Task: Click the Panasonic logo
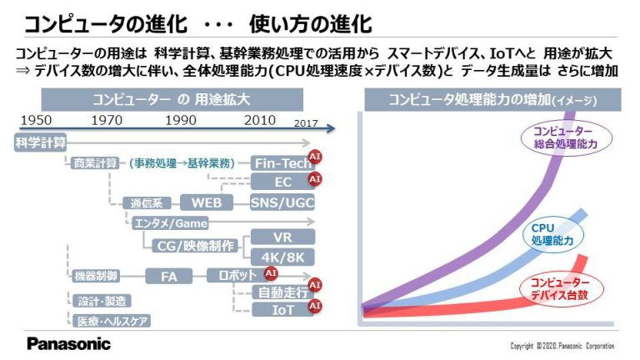click(68, 344)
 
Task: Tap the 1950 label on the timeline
click(36, 120)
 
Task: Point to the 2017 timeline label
click(306, 123)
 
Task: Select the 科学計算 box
click(40, 142)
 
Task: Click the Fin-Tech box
click(282, 163)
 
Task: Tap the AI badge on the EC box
click(315, 179)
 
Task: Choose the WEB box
click(207, 202)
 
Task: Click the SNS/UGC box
click(282, 202)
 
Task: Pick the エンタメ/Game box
click(170, 223)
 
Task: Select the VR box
click(282, 237)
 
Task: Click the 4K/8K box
click(282, 257)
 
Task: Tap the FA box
click(169, 277)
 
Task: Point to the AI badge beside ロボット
click(271, 273)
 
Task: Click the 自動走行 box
click(283, 292)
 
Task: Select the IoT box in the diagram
click(283, 310)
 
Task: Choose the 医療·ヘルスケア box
click(112, 321)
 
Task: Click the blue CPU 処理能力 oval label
click(552, 234)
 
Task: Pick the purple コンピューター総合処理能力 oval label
click(567, 137)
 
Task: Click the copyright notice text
click(562, 346)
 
